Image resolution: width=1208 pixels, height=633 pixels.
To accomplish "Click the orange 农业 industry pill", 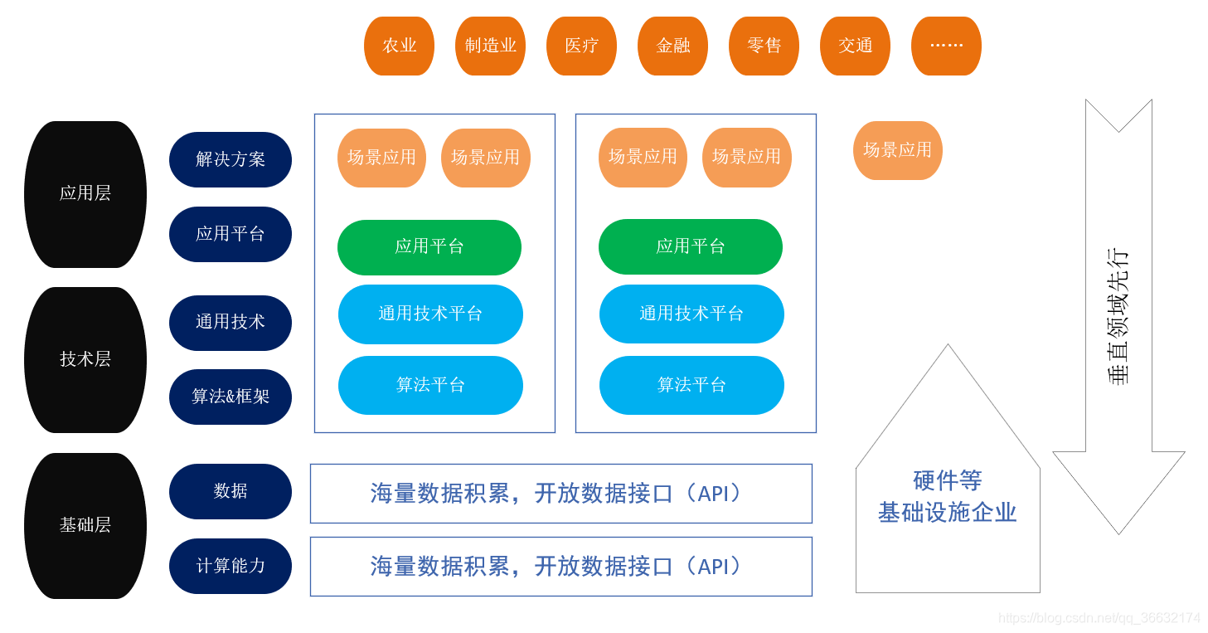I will pos(399,46).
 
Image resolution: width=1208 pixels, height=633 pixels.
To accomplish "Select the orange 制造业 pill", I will pos(490,46).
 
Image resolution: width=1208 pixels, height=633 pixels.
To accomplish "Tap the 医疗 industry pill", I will pos(581,46).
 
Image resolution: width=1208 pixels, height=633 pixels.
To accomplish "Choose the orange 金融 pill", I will pos(672,46).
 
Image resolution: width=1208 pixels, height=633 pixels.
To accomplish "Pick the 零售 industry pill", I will pos(764,46).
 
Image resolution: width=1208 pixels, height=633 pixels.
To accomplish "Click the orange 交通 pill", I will pos(855,46).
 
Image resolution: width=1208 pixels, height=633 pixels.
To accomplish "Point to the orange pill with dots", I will pos(946,46).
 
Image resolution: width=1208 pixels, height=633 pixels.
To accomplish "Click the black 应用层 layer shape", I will pos(85,194).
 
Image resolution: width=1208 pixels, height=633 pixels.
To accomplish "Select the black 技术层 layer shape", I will pos(85,359).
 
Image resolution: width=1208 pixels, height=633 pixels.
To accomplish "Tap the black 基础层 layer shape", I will pos(85,525).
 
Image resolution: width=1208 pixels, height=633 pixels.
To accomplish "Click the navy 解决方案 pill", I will pos(230,159).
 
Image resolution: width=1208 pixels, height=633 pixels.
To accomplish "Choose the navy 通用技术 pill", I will pos(230,322).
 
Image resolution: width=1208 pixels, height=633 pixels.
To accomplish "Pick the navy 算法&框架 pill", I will pos(230,397).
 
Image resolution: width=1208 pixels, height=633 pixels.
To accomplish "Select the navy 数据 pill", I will pos(230,491).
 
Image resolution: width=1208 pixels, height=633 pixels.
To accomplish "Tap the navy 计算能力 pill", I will pos(230,566).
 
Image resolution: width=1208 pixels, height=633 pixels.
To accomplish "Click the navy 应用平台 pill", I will pos(230,234).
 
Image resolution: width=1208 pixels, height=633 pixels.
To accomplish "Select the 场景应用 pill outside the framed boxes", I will pos(898,150).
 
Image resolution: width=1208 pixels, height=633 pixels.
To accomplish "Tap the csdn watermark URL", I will pos(1099,618).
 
